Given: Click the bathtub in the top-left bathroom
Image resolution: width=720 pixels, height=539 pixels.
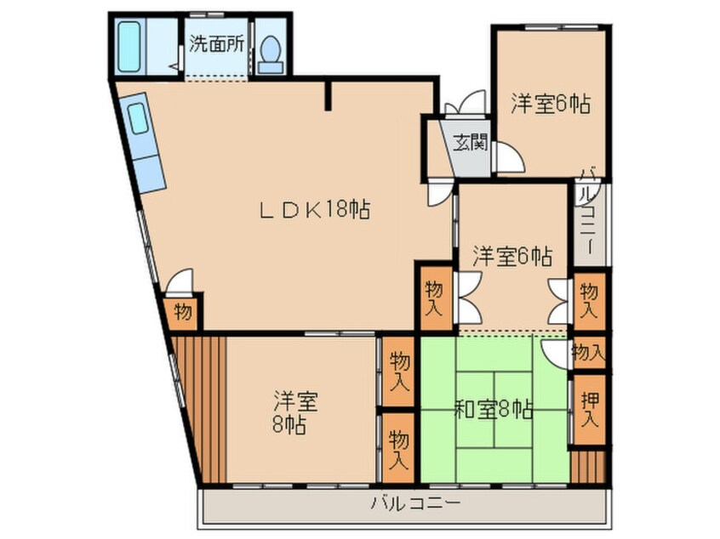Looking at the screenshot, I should pos(129,47).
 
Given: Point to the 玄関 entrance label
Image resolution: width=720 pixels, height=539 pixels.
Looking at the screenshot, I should pos(467,143).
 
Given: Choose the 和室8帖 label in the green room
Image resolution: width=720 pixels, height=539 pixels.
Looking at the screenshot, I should pos(494,411).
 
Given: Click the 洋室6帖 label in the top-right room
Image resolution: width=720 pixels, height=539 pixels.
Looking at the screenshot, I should pos(551,104).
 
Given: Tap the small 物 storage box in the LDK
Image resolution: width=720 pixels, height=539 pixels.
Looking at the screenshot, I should pos(183,312).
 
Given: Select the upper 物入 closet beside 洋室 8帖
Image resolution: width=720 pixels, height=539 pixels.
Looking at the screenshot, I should pos(397,371).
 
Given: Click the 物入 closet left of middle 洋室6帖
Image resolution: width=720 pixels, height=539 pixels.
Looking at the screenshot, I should pos(433,298).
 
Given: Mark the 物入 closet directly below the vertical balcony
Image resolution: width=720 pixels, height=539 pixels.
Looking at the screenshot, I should pos(589,302).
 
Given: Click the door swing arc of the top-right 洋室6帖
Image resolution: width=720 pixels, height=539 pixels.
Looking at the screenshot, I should pos(509,156).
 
